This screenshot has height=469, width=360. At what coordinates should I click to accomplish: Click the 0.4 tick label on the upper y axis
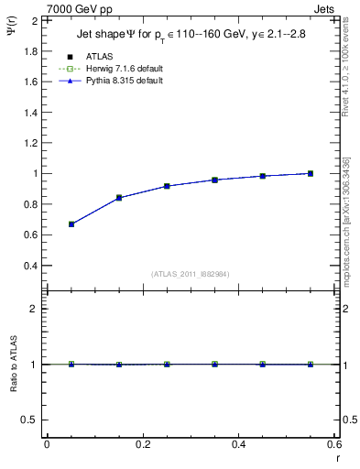tap(30, 266)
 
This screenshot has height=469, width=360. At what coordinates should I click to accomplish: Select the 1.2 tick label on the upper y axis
tap(30, 143)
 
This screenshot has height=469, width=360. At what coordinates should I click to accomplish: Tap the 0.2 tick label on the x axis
tap(142, 444)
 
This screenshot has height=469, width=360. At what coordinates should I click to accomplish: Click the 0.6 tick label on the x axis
tap(333, 444)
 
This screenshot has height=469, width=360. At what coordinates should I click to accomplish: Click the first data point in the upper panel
tap(71, 224)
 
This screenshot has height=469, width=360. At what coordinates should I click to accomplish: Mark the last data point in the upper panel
tap(311, 173)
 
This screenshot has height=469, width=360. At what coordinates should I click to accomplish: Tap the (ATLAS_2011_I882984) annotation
tap(190, 274)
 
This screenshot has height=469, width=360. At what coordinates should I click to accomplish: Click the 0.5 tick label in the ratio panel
tap(29, 420)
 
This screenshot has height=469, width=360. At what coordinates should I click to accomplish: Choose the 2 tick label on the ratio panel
tap(34, 309)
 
